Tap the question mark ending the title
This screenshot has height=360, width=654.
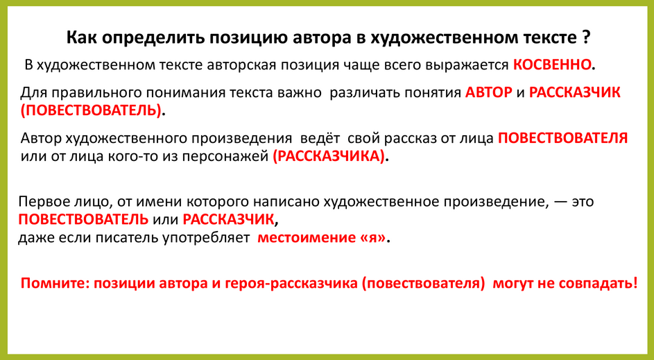(x=587, y=36)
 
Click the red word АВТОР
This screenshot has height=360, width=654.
(x=489, y=92)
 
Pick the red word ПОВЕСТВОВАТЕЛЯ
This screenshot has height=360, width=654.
(x=562, y=138)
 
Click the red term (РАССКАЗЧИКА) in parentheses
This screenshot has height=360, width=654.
(x=328, y=156)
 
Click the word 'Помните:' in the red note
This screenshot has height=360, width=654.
(x=55, y=284)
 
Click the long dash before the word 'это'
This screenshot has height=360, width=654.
(x=560, y=202)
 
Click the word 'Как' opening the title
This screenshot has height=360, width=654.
(x=80, y=36)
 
